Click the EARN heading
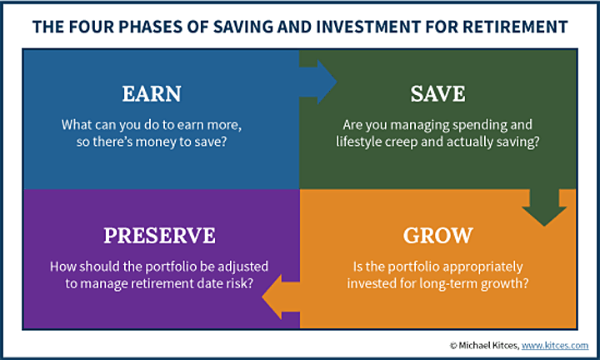tap(152, 93)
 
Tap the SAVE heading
tap(437, 93)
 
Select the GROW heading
tap(437, 235)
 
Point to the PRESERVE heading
tap(159, 235)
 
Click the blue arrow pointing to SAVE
tap(317, 82)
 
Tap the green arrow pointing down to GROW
tap(544, 207)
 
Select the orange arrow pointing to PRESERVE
tap(281, 297)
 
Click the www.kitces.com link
tap(555, 346)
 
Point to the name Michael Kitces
tap(488, 346)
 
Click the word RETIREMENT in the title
tap(515, 27)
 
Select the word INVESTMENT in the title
tap(368, 27)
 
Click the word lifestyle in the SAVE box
tap(358, 142)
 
